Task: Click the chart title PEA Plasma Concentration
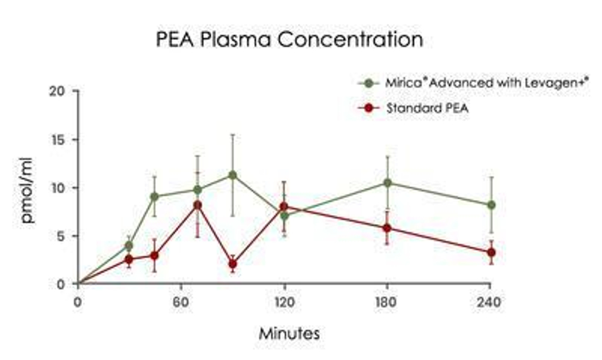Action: (289, 40)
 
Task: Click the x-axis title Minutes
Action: (290, 332)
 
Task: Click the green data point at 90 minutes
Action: (232, 175)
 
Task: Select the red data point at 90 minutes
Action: (232, 264)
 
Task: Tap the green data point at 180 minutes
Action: (387, 182)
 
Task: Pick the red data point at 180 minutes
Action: (387, 228)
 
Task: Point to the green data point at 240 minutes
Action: (491, 205)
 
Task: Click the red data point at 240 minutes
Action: (491, 252)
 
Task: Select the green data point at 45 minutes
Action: (155, 196)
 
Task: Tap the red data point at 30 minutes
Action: (129, 259)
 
